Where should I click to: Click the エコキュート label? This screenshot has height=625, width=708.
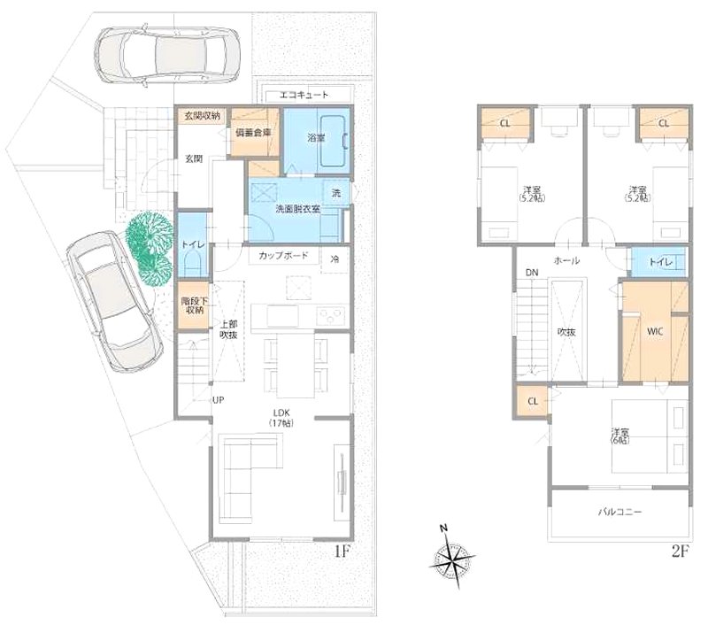coord(304,94)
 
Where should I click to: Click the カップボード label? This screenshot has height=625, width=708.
coord(283,256)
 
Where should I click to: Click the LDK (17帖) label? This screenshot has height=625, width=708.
coord(282,417)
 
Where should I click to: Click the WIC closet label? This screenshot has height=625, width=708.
coord(654,333)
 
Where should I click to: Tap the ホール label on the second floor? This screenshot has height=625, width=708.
coord(566,260)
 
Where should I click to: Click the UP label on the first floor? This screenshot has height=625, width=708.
coord(218,400)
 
